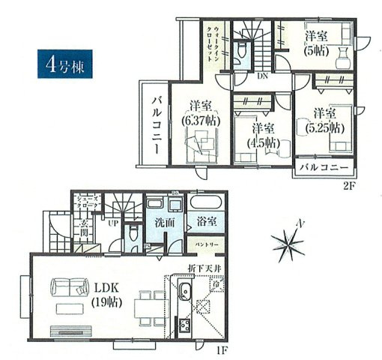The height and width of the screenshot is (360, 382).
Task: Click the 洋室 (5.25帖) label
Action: click(322, 120)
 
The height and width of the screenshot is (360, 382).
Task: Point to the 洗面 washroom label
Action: click(165, 223)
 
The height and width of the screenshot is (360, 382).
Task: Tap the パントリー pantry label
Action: click(207, 244)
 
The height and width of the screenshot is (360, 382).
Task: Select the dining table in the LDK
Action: click(143, 306)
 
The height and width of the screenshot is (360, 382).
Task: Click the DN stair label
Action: click(264, 76)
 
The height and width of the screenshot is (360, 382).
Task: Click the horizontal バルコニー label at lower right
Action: click(324, 166)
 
